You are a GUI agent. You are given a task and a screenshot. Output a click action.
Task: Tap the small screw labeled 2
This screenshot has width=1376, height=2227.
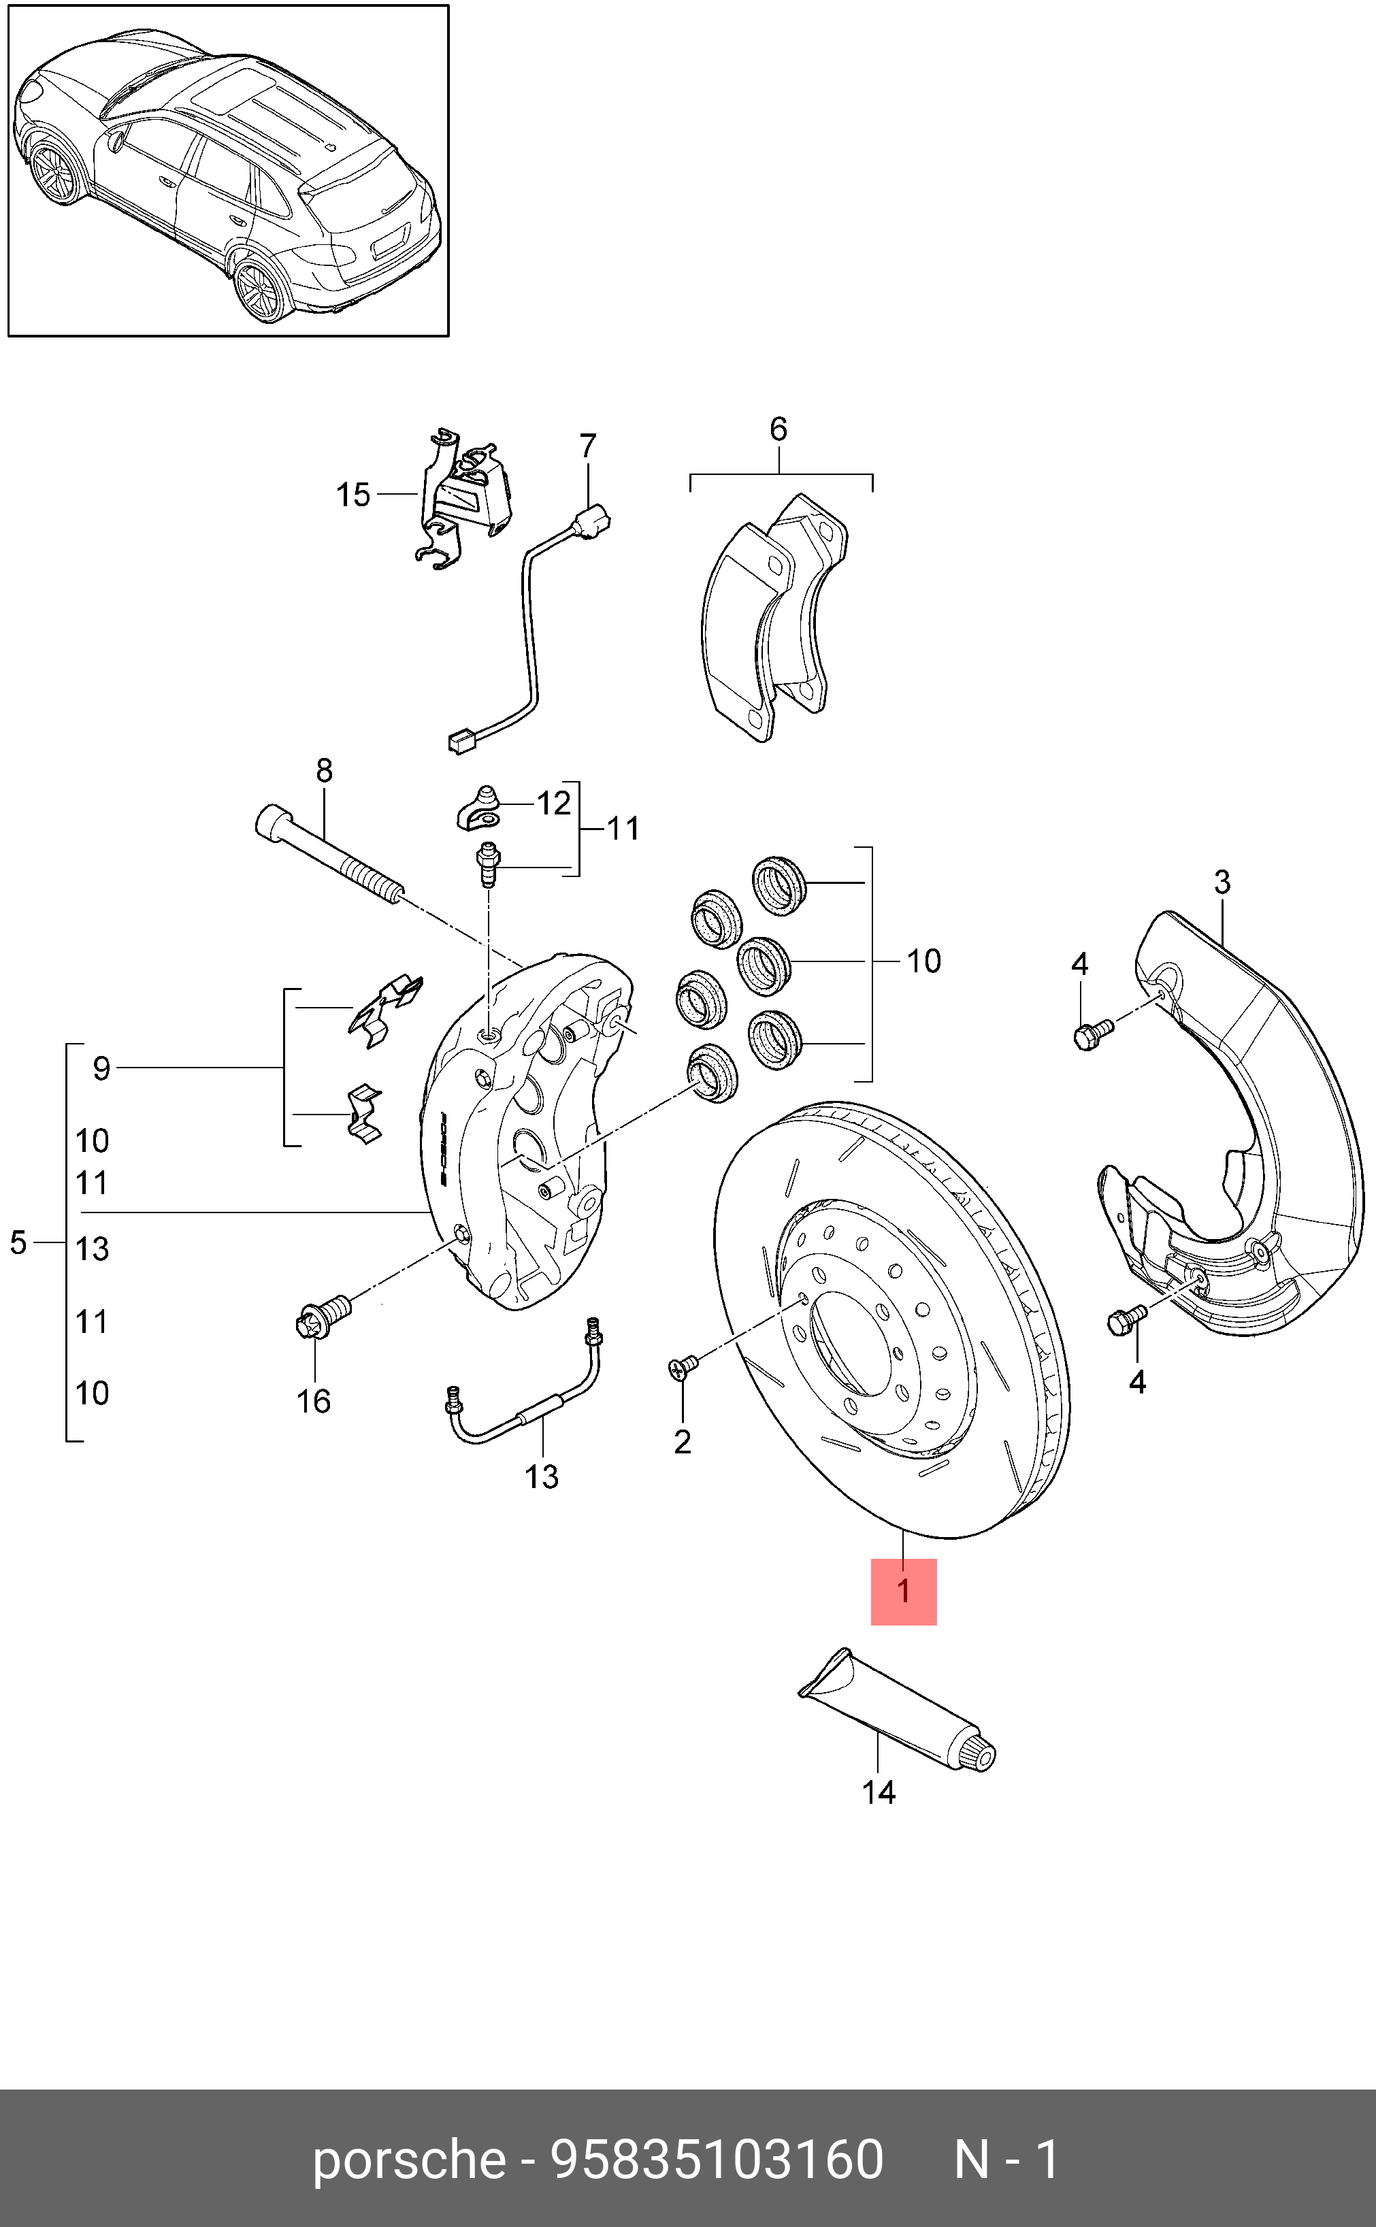pyautogui.click(x=683, y=1366)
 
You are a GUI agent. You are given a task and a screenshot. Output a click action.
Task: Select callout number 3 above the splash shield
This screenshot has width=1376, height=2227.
pyautogui.click(x=1222, y=882)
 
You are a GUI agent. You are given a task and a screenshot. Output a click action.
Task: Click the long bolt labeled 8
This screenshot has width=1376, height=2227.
pyautogui.click(x=327, y=856)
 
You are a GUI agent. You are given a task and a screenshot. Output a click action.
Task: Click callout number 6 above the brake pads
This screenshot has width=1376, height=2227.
pyautogui.click(x=778, y=429)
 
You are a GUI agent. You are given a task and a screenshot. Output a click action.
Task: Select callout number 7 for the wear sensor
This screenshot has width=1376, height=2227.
pyautogui.click(x=588, y=446)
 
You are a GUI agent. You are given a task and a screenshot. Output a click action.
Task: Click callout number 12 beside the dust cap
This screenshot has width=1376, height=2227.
pyautogui.click(x=553, y=804)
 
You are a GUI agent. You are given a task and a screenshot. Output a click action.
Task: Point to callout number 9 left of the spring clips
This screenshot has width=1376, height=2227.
pyautogui.click(x=101, y=1068)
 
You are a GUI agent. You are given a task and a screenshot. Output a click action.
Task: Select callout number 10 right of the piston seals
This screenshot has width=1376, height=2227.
pyautogui.click(x=923, y=961)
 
